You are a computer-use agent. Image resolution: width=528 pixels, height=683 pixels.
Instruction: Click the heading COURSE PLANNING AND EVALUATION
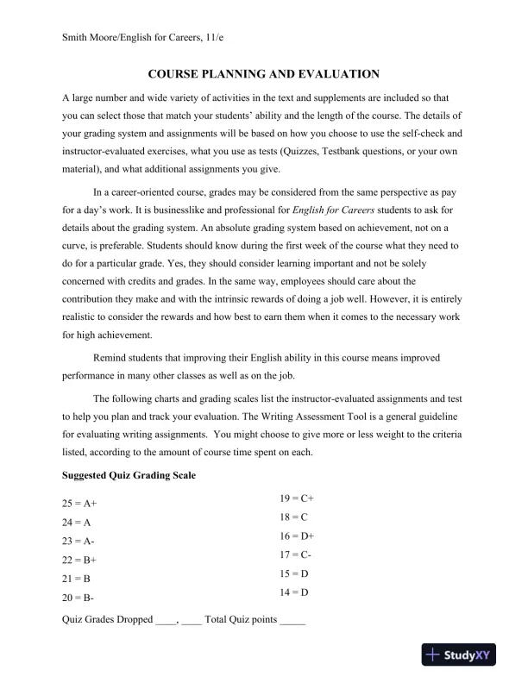click(x=263, y=75)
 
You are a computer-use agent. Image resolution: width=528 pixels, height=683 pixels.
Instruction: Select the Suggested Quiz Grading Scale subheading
click(x=129, y=475)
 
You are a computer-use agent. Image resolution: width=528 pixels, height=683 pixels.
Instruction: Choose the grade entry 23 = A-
click(x=79, y=541)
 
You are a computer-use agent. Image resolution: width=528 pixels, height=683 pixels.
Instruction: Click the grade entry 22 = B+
click(x=79, y=560)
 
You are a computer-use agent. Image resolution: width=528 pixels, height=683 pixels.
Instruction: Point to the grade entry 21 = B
click(x=77, y=579)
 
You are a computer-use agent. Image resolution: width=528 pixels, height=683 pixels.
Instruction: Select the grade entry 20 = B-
click(x=79, y=598)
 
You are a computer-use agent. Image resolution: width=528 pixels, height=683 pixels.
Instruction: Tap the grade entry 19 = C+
click(x=297, y=498)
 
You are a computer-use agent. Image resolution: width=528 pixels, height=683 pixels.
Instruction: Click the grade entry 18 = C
click(x=294, y=517)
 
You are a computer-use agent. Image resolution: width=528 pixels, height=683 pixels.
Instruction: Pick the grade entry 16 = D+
click(x=297, y=536)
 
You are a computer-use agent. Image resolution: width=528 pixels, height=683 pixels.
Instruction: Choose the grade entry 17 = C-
click(x=296, y=555)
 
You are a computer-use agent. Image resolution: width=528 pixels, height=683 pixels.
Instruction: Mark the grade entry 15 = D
click(x=294, y=573)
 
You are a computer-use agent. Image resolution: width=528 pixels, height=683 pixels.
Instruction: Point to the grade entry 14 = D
click(x=294, y=592)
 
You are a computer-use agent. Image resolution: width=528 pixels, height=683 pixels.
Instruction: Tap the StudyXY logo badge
click(x=469, y=656)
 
